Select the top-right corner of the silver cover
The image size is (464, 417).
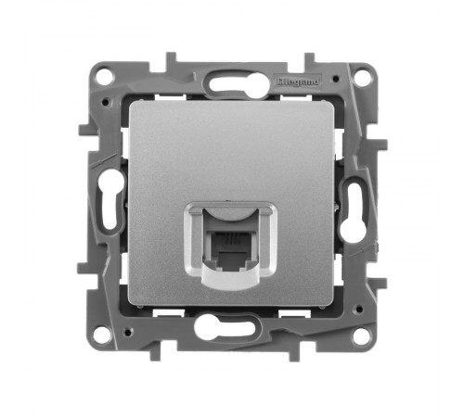[x=331, y=102]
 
